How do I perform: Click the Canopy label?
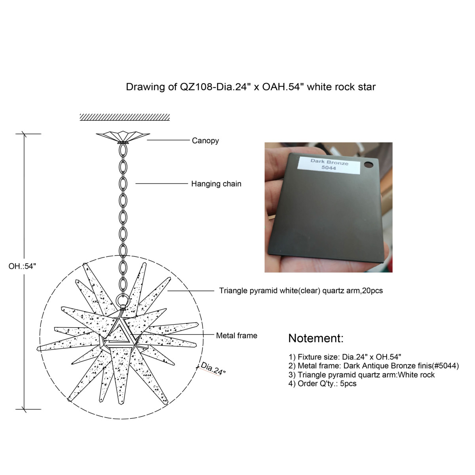click(205, 141)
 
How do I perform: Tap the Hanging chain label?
click(216, 184)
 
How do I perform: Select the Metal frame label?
click(237, 336)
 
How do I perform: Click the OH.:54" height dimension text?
click(22, 266)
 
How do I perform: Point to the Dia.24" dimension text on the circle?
click(213, 369)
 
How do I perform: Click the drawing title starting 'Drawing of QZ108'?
click(251, 87)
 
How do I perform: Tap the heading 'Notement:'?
click(316, 338)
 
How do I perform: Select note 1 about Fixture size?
click(345, 357)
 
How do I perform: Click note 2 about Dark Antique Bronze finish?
click(374, 366)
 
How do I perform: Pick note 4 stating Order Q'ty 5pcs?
click(323, 384)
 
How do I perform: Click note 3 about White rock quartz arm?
click(362, 375)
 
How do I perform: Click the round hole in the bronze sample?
click(369, 164)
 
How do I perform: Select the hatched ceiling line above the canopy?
click(125, 117)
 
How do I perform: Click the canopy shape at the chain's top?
click(123, 137)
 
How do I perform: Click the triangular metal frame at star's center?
click(119, 331)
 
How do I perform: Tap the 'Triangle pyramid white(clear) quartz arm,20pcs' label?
click(301, 291)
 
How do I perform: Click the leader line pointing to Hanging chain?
click(162, 184)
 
